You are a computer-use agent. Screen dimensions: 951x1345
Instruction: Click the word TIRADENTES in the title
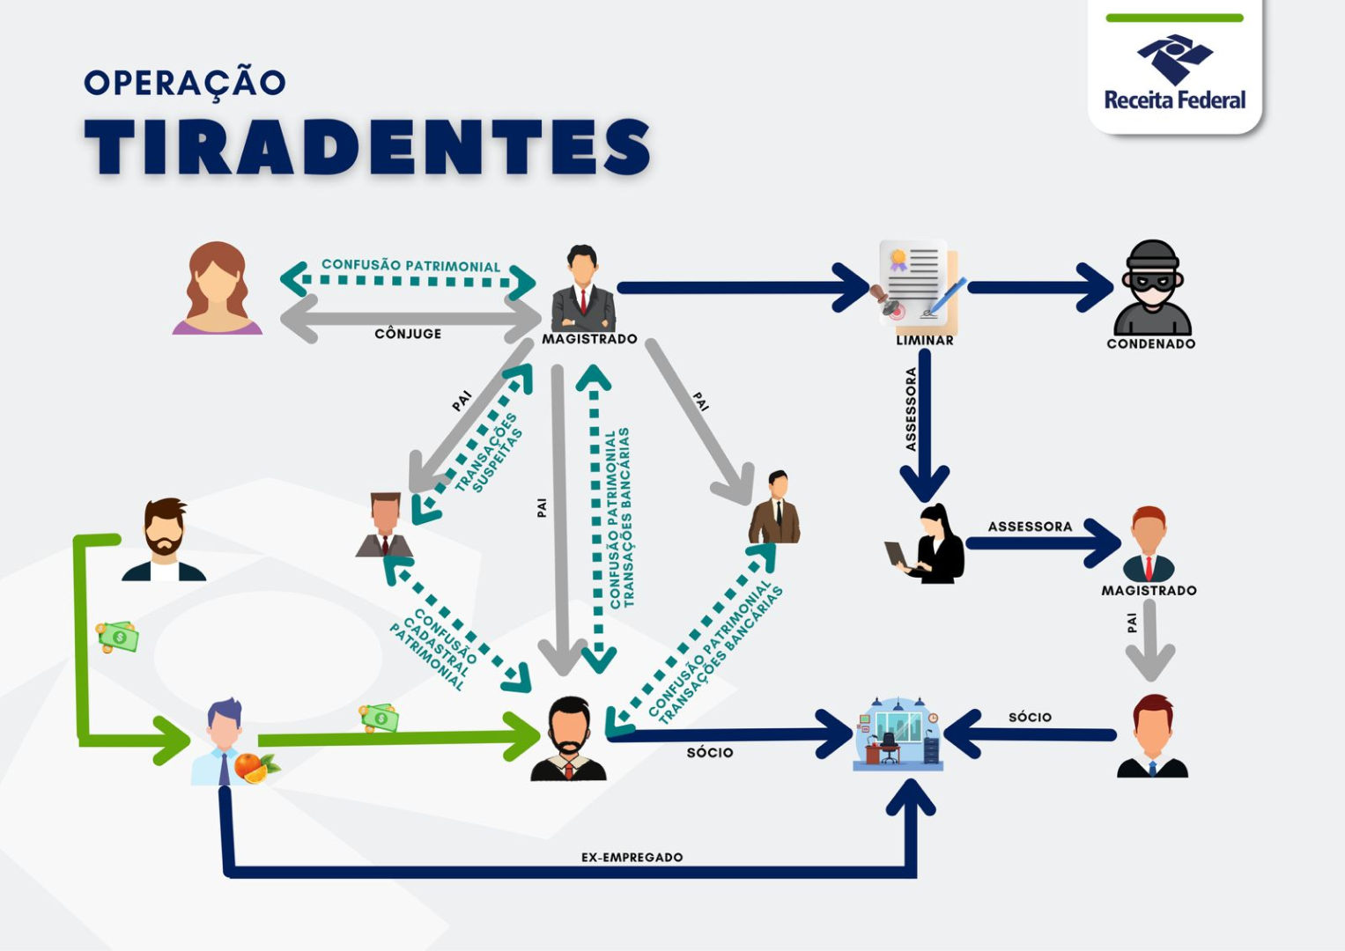click(367, 147)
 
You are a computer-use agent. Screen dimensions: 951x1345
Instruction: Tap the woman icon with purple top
click(217, 289)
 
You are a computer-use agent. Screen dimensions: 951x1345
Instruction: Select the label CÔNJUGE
click(408, 334)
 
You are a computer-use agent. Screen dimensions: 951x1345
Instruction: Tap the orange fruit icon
click(251, 767)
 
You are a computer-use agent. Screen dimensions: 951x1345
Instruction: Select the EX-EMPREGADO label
click(632, 857)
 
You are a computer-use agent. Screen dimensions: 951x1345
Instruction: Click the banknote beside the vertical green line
click(118, 637)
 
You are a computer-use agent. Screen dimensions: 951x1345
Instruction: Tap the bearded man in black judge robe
click(569, 740)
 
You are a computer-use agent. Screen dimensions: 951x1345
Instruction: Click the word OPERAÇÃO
click(185, 83)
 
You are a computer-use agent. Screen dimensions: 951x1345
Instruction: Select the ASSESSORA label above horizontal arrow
click(1030, 527)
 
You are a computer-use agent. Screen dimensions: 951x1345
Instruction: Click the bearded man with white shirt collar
click(165, 540)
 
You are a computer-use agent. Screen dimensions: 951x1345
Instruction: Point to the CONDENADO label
click(1150, 344)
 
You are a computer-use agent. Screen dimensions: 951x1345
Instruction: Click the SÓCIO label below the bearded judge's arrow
click(709, 752)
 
